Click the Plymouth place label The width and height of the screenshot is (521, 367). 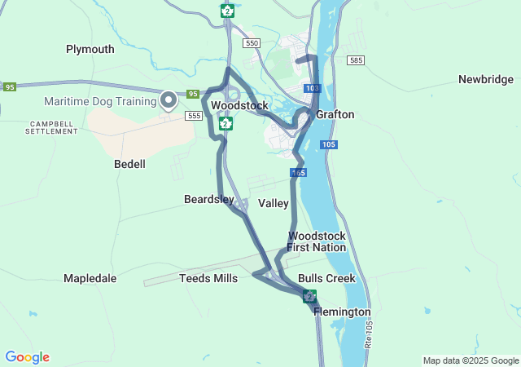[90, 49]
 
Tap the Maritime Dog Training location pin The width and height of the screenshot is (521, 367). [169, 100]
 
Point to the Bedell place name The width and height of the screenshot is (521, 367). [129, 164]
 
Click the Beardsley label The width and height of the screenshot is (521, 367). [209, 199]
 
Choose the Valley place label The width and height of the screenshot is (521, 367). [274, 203]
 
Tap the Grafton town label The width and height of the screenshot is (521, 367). [335, 115]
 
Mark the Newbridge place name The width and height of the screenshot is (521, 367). [485, 79]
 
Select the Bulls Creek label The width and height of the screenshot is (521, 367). [326, 278]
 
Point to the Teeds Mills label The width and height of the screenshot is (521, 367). [208, 278]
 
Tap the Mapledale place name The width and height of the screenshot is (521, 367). [90, 278]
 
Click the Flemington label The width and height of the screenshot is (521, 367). [342, 312]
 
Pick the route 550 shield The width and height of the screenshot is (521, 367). [251, 42]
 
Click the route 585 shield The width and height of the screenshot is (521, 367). [355, 60]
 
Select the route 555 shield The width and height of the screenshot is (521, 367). [193, 117]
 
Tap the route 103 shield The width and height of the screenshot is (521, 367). [312, 88]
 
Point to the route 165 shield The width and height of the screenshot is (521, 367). [298, 173]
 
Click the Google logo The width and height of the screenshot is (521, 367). [27, 357]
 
